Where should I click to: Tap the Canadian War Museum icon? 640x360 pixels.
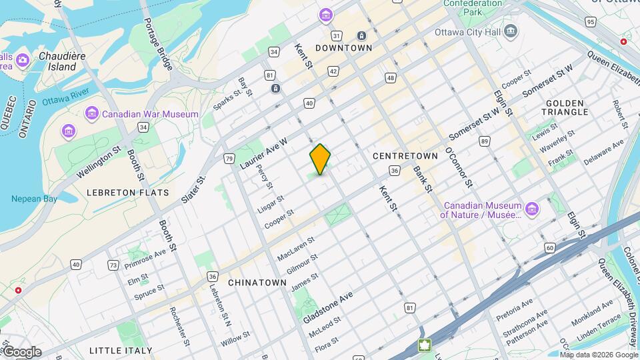(91, 114)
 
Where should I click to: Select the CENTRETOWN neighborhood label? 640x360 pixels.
(405, 155)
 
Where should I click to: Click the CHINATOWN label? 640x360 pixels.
(257, 283)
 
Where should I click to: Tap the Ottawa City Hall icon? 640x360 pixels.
(511, 31)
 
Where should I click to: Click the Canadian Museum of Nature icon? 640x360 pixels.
(532, 210)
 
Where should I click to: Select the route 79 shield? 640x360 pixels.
(229, 159)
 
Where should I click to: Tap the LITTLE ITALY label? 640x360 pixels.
(121, 350)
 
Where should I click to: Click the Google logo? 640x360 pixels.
(21, 352)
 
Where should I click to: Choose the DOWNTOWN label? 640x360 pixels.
(343, 48)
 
